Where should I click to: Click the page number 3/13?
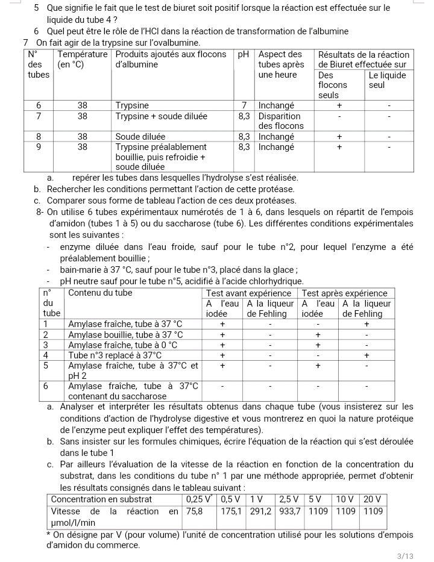tap(407, 556)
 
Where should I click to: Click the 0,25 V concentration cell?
tap(198, 499)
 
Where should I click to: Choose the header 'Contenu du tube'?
tap(100, 293)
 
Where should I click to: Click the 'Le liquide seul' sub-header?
tap(386, 80)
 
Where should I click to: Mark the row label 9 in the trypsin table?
tap(39, 147)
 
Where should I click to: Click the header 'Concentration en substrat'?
tap(101, 499)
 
